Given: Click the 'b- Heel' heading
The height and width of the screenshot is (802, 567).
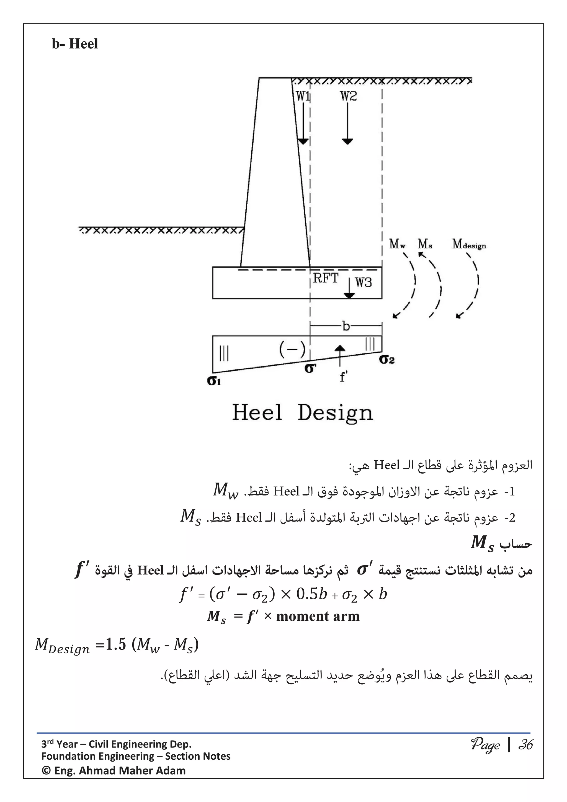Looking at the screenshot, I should click(x=75, y=44).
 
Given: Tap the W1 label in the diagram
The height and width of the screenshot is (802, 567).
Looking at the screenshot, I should click(x=303, y=96).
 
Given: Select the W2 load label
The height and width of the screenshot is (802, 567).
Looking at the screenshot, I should click(x=349, y=96).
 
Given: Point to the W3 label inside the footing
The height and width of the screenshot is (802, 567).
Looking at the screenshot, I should click(x=363, y=282).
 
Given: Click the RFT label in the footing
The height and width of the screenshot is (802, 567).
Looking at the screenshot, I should click(x=325, y=278).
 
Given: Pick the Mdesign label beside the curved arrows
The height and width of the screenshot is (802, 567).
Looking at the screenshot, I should click(x=469, y=244).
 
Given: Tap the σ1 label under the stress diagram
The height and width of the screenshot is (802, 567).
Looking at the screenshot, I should click(x=214, y=380).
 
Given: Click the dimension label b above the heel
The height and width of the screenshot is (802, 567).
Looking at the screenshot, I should click(x=346, y=326).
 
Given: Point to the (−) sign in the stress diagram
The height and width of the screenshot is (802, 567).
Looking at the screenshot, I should click(x=292, y=349).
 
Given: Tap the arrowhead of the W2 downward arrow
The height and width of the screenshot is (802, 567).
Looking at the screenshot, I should click(x=347, y=141).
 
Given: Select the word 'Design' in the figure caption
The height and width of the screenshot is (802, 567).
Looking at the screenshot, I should click(x=335, y=413).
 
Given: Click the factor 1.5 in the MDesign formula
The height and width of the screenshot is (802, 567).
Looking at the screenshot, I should click(x=116, y=644).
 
